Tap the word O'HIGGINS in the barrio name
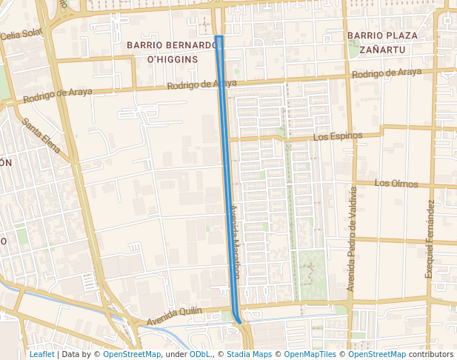pos(172,59)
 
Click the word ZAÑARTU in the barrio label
pos(381,50)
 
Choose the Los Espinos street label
pos(338,136)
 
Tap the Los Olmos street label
pos(396,183)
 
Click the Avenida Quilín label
pos(174,316)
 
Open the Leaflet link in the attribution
pos(41,354)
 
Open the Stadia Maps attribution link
pos(247,354)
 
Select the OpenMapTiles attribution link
pos(310,354)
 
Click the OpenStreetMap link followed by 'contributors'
pos(377,354)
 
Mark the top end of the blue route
pos(219,36)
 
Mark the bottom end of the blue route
pos(239,321)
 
